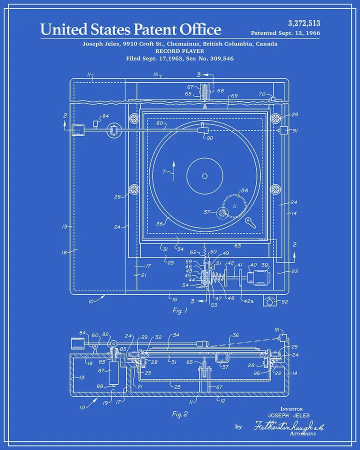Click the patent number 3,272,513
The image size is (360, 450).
click(x=304, y=23)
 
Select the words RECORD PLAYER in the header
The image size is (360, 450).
click(x=180, y=51)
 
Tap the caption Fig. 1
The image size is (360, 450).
click(x=179, y=310)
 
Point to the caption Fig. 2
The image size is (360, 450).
click(x=179, y=413)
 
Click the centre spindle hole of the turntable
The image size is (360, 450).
click(x=204, y=175)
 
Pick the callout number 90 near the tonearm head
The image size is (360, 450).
click(x=209, y=138)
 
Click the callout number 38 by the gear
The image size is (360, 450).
click(x=244, y=190)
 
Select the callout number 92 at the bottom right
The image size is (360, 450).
click(x=285, y=301)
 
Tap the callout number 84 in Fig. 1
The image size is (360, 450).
click(x=105, y=116)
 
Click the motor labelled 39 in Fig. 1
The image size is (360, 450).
click(x=260, y=276)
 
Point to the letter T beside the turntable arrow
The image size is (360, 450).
click(x=163, y=171)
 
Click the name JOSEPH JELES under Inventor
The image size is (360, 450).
click(x=289, y=415)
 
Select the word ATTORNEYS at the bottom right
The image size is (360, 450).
click(x=302, y=433)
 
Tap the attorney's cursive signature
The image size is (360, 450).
click(x=288, y=426)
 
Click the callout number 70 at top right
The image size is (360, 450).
click(x=262, y=94)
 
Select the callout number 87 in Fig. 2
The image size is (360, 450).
click(x=101, y=370)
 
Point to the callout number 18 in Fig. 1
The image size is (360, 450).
click(x=64, y=252)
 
